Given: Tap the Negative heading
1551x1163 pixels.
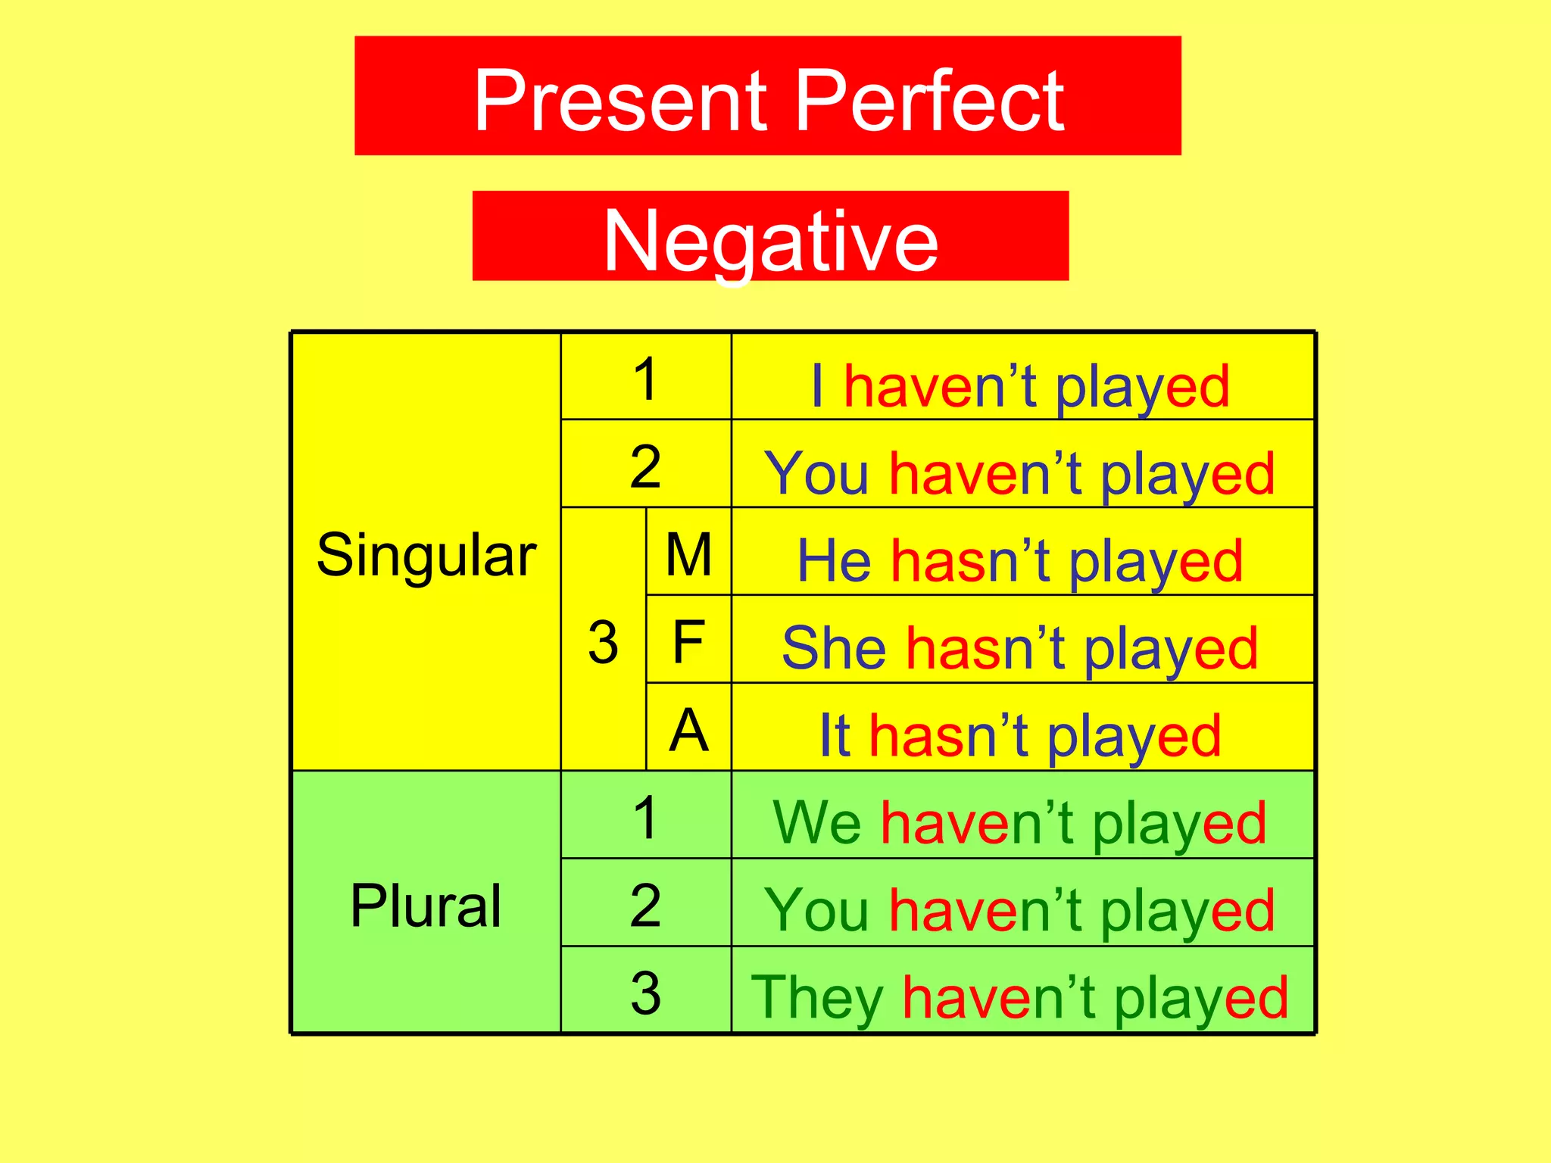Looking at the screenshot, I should point(770,241).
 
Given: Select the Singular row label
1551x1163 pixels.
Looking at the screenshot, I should point(426,556).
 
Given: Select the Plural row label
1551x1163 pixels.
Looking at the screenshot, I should point(426,906).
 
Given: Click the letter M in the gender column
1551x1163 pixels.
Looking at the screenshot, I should point(688,554).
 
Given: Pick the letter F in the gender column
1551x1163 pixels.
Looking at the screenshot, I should point(688,642).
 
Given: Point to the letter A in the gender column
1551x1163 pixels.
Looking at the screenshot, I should point(688,730).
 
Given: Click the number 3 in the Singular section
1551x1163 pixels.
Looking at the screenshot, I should point(603,642).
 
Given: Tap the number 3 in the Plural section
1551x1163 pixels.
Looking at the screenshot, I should point(645,992).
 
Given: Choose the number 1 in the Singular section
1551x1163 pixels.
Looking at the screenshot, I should point(645,379).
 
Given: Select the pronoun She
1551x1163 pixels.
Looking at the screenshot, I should point(834,648).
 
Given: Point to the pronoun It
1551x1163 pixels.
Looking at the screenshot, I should point(835,735).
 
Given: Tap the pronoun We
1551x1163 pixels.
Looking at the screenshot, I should point(816,822).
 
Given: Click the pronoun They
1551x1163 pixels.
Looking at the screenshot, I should point(816,998).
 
